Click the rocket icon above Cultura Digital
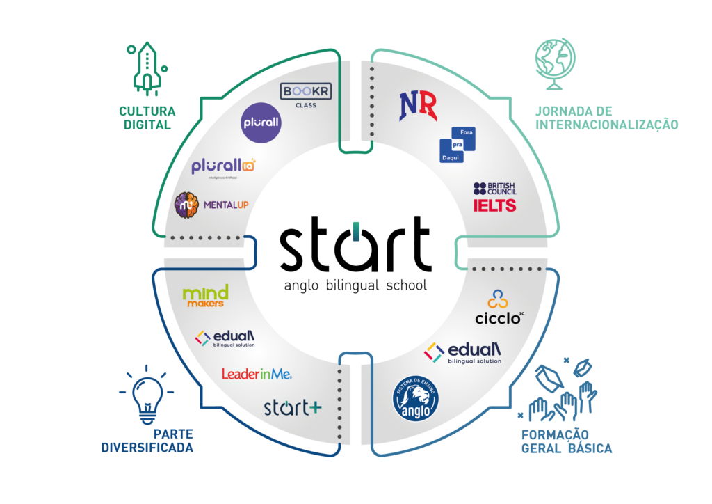click(x=146, y=68)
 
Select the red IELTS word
click(x=494, y=205)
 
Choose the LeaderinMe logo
click(x=257, y=374)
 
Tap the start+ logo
click(x=292, y=407)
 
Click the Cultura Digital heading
click(x=147, y=117)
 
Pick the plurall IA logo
click(x=224, y=168)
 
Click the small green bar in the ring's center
click(x=356, y=231)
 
